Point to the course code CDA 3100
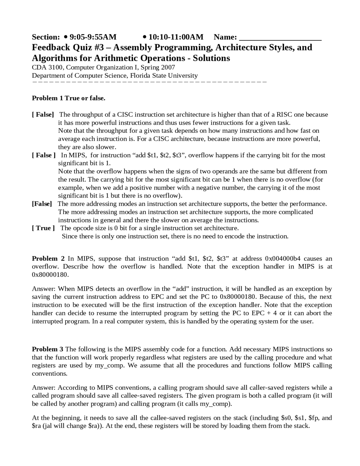coord(48,68)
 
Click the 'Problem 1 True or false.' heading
coord(68,98)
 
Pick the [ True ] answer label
coord(43,228)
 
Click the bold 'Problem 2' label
coord(48,259)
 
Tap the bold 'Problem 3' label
coord(48,349)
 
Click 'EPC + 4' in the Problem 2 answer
coord(264,313)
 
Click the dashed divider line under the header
coord(149,82)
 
